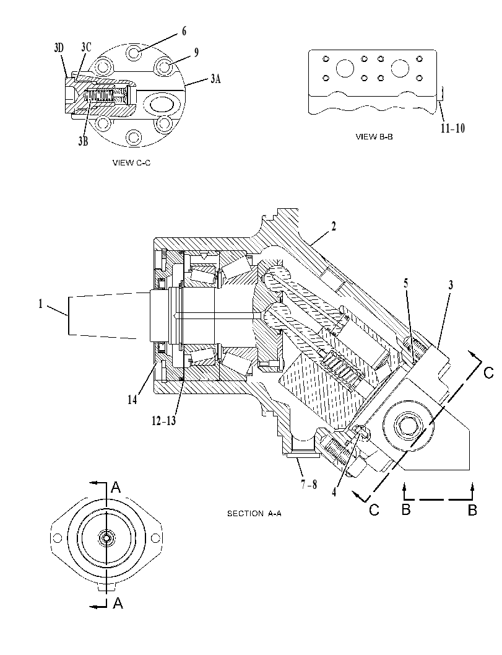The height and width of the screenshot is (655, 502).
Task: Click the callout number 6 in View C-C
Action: [x=184, y=32]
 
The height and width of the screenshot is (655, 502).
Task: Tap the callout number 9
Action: [x=196, y=52]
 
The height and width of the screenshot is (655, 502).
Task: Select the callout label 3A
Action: [x=215, y=78]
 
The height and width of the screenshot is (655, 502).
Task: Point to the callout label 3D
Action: [x=59, y=48]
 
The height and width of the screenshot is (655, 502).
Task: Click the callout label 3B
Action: [x=83, y=141]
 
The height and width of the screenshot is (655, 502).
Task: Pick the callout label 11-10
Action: [x=452, y=128]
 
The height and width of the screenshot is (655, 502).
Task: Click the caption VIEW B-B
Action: [x=374, y=136]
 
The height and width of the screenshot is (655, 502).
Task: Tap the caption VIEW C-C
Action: [x=131, y=163]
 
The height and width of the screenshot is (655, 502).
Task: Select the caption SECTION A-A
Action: [x=254, y=513]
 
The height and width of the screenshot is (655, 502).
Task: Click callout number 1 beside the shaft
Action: [x=40, y=304]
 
